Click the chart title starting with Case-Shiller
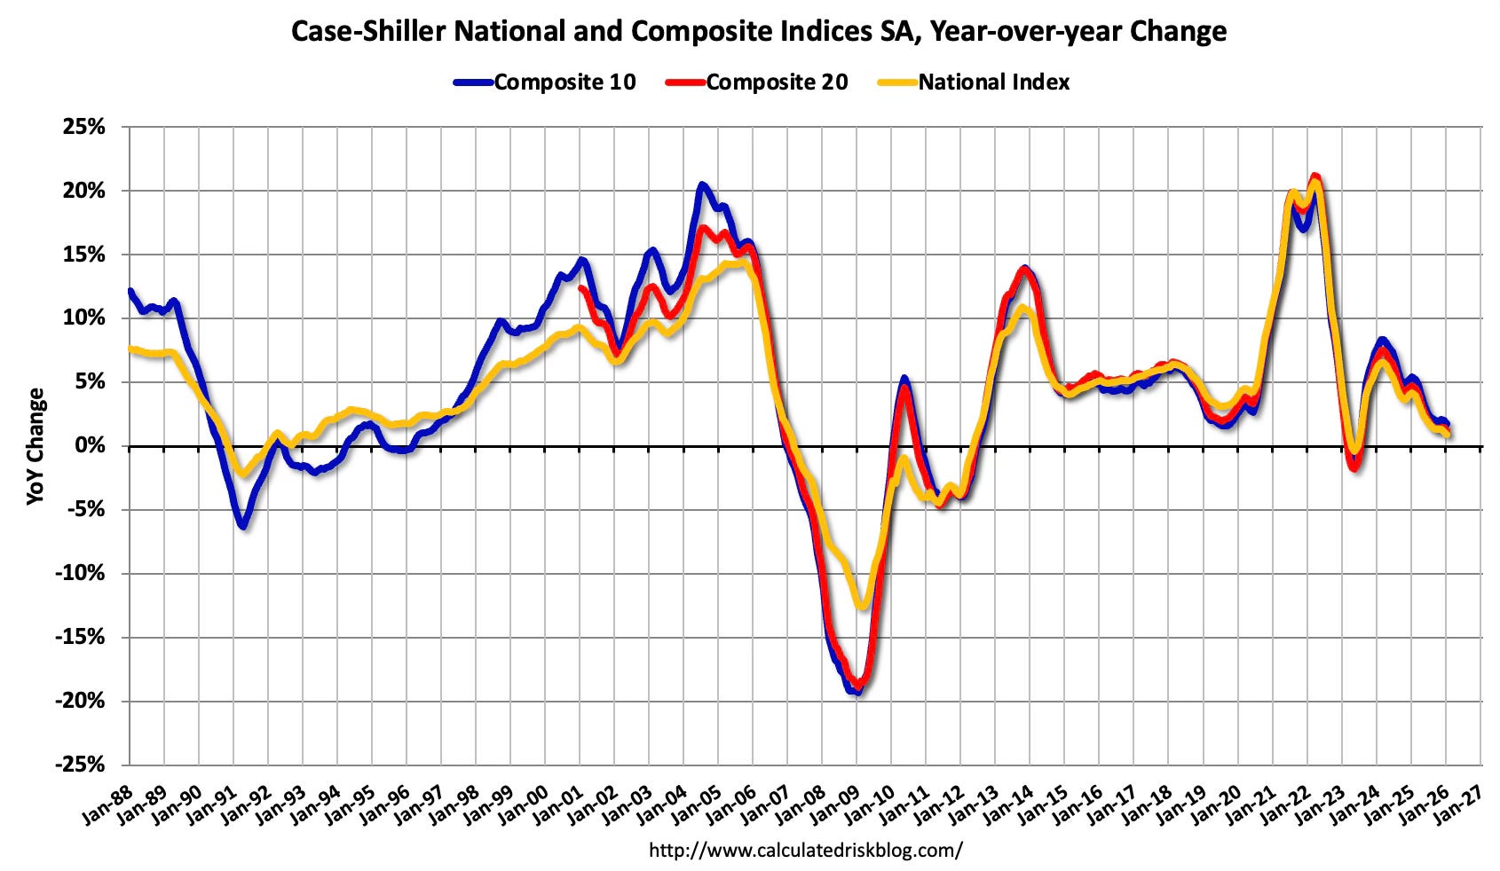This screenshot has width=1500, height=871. click(x=759, y=32)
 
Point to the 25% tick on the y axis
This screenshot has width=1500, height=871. click(x=85, y=127)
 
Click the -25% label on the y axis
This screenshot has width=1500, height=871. click(x=82, y=765)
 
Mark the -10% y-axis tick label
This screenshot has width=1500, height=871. click(x=82, y=574)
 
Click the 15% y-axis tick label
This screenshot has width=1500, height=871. click(x=85, y=255)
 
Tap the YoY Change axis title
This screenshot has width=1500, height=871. click(x=36, y=446)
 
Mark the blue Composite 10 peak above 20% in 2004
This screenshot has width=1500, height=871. click(x=702, y=184)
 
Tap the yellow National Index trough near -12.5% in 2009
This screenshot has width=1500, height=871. click(x=860, y=607)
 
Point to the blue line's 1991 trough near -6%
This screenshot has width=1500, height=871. click(x=242, y=526)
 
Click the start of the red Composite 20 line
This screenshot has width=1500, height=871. click(x=580, y=287)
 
